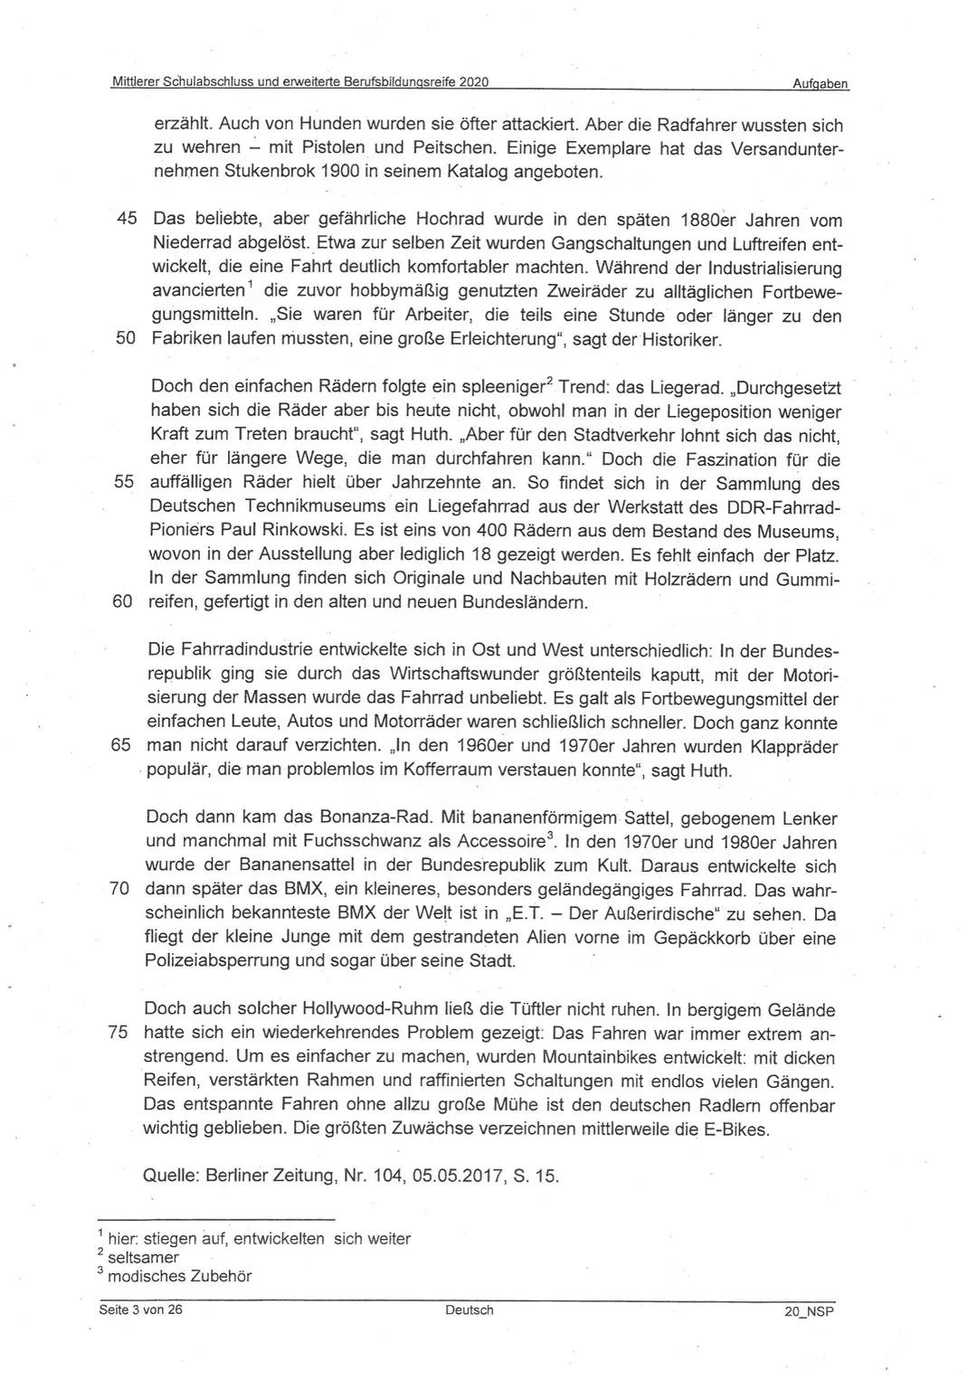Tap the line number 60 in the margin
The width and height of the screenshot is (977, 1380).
point(122,602)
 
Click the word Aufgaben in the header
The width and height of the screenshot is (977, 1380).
point(820,83)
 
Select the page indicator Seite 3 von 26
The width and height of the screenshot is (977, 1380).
point(141,1309)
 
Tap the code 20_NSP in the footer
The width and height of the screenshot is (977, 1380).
point(809,1310)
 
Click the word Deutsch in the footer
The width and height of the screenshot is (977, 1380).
point(470,1309)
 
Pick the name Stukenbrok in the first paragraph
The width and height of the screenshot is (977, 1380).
point(267,171)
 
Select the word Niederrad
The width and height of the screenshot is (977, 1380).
point(194,243)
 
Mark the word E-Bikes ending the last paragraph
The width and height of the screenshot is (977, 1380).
point(736,1129)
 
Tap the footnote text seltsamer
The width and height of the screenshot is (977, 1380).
point(143,1257)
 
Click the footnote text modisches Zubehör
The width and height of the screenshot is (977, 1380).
point(179,1277)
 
